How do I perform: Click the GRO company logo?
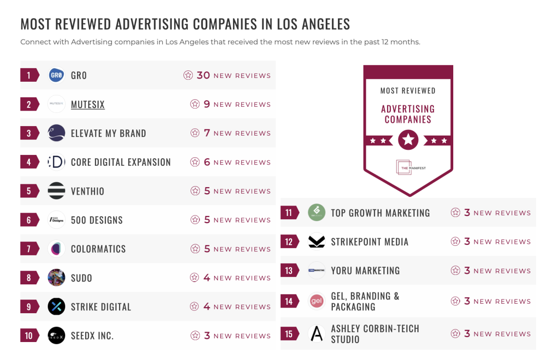click(57, 75)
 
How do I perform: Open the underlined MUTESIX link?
click(87, 104)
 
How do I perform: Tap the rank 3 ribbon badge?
click(29, 133)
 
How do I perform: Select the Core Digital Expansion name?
click(121, 162)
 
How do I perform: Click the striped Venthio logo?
click(57, 191)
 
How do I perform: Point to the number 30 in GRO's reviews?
click(203, 75)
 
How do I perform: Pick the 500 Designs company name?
click(96, 220)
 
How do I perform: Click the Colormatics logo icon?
click(57, 249)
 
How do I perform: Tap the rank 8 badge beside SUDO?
click(29, 278)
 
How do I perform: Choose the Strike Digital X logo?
click(57, 307)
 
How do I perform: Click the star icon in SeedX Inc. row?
click(195, 336)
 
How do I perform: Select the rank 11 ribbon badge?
click(289, 213)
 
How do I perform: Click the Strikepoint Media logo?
click(317, 242)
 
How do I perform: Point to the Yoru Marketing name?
click(365, 271)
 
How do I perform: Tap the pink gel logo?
click(317, 301)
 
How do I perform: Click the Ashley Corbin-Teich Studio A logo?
click(317, 334)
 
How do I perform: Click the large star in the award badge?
click(408, 140)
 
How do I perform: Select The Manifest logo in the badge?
click(408, 168)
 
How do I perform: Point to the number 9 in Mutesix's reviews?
click(207, 104)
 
